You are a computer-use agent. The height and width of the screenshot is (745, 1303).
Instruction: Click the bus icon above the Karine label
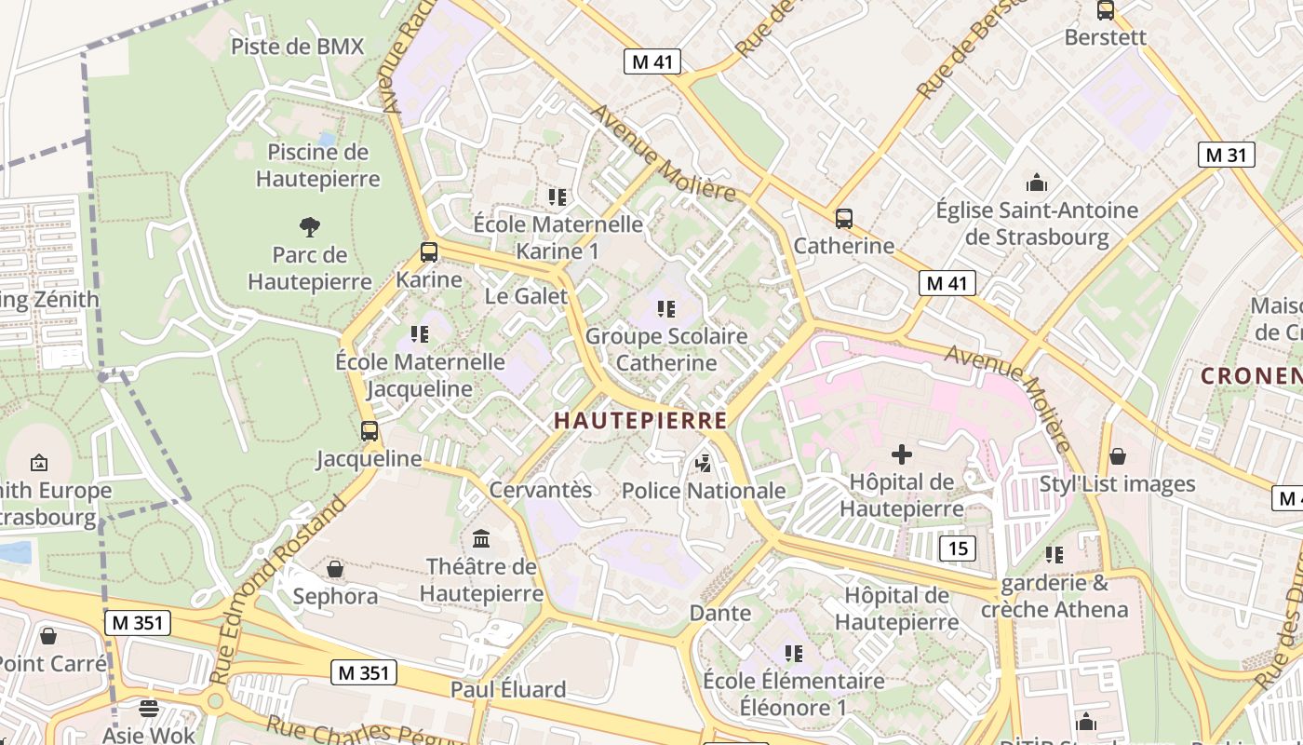(x=429, y=251)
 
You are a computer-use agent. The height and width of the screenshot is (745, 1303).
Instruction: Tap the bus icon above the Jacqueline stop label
(x=369, y=430)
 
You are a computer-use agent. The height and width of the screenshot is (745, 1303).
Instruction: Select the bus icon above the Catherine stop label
(x=844, y=219)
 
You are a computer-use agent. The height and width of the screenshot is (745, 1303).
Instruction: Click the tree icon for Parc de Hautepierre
(x=309, y=226)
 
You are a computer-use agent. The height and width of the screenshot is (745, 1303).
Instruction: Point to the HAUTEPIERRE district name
(x=640, y=421)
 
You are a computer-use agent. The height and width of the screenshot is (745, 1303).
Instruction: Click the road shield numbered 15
(x=958, y=549)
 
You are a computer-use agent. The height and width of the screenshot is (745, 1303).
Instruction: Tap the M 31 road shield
(x=1226, y=155)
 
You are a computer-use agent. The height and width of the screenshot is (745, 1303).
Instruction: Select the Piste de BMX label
(x=297, y=47)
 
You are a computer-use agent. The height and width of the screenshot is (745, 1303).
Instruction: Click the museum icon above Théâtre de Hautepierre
(x=481, y=538)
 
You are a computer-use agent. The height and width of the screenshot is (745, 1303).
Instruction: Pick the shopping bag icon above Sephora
(x=335, y=568)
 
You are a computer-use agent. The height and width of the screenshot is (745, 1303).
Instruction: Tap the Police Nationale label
(x=704, y=491)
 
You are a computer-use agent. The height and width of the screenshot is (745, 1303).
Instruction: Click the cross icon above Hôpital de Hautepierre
(x=901, y=454)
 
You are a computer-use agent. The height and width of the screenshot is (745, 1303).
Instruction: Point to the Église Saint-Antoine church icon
(x=1036, y=183)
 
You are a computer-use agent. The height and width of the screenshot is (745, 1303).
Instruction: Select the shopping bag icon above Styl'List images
(x=1117, y=456)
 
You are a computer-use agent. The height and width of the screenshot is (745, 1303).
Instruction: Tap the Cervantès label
(x=540, y=489)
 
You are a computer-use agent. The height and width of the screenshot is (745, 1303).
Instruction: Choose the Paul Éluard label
(x=508, y=690)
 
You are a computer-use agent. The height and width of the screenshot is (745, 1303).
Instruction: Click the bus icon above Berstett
(x=1105, y=10)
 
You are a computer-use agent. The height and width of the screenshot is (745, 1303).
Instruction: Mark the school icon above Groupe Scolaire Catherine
(x=665, y=308)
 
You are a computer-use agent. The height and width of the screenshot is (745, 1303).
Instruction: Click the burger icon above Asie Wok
(x=148, y=708)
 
